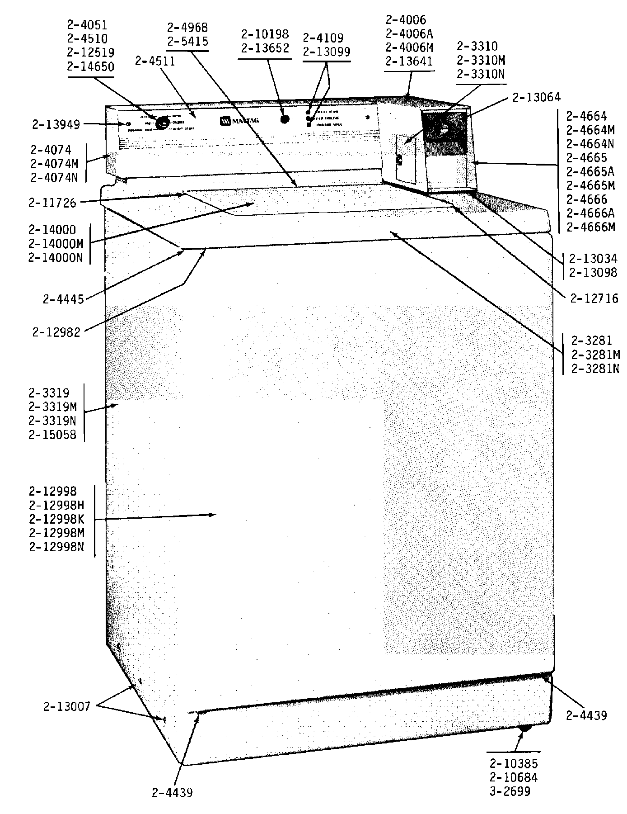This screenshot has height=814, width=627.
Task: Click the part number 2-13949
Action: click(x=56, y=124)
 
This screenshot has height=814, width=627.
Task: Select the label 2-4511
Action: click(x=155, y=61)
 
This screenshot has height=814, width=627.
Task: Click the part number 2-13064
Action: click(x=537, y=97)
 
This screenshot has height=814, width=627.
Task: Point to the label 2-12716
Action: click(x=594, y=298)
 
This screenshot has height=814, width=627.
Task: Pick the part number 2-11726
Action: click(x=52, y=203)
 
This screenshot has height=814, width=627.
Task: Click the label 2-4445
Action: click(x=64, y=299)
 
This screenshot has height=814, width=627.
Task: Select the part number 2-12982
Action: click(x=56, y=332)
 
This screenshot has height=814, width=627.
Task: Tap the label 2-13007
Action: click(x=67, y=706)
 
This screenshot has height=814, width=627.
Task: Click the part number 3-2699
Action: click(x=510, y=791)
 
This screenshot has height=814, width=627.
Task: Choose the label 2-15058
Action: click(x=52, y=435)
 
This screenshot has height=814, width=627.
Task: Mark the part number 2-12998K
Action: click(x=57, y=519)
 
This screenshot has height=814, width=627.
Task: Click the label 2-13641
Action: click(x=409, y=61)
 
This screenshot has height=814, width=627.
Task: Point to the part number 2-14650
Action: click(x=90, y=66)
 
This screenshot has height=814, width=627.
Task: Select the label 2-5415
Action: click(x=187, y=42)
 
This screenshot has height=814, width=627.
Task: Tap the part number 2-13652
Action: click(x=265, y=48)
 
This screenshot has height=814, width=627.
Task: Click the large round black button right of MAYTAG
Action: click(x=285, y=119)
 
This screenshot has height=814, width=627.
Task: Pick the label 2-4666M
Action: click(x=591, y=227)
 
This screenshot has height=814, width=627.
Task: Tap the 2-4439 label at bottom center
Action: click(x=172, y=793)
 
